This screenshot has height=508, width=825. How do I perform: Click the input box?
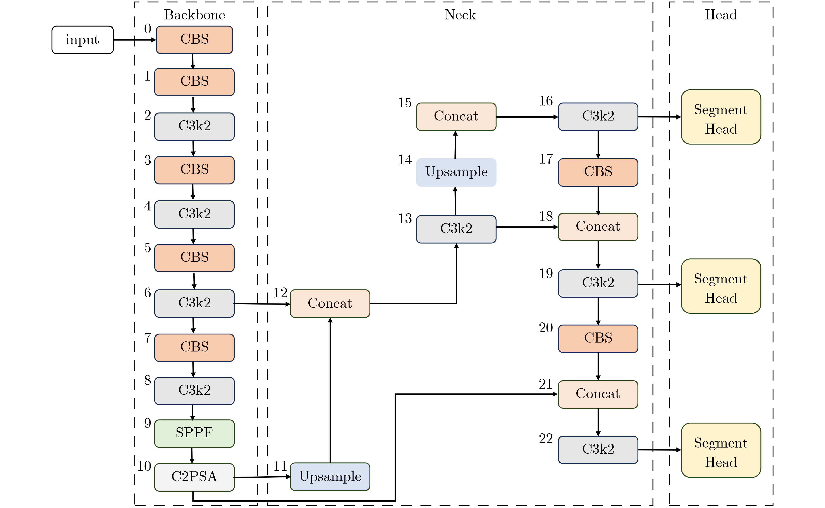point(82,40)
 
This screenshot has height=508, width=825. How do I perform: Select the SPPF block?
point(194,433)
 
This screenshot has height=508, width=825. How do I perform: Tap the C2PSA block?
point(194,477)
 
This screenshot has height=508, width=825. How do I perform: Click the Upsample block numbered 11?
point(330,476)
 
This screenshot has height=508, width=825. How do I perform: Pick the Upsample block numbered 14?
point(456,172)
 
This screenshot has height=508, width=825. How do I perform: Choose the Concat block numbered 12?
point(330,303)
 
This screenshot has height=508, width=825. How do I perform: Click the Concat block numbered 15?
point(456,117)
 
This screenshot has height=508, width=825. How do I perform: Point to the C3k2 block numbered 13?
point(456,229)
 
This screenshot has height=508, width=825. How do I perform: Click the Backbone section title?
point(194,15)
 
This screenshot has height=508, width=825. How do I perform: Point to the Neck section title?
point(460,15)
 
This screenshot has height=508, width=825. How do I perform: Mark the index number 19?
point(545,274)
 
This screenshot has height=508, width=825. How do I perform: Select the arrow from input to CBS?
point(134,40)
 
